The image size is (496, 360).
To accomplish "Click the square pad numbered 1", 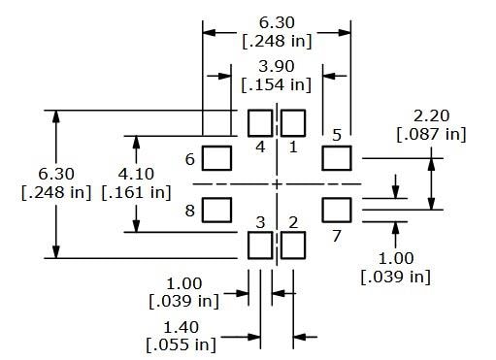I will [x=293, y=123].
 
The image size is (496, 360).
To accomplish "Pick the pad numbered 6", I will [x=218, y=156].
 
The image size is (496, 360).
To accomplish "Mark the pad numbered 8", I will [x=218, y=210].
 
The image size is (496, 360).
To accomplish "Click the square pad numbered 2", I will [x=293, y=245].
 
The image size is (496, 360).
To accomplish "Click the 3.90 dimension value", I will [x=277, y=66].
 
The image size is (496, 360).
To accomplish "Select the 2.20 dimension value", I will [x=431, y=114].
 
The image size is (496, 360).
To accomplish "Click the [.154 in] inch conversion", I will [x=277, y=84].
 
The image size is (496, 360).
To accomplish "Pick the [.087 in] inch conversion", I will [x=431, y=133].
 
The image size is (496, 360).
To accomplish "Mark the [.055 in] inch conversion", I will [x=181, y=345].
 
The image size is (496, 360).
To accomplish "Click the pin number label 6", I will [x=190, y=158].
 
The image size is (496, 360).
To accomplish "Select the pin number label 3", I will [x=260, y=223].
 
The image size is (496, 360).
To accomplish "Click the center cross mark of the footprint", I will [x=277, y=184].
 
